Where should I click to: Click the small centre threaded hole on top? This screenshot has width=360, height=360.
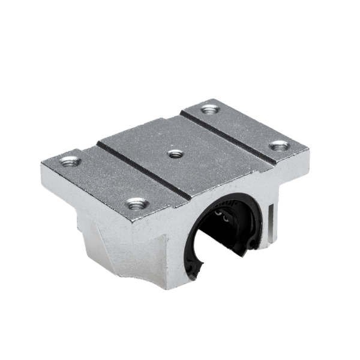[x=175, y=154]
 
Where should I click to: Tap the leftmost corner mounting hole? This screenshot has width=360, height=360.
[x=70, y=161]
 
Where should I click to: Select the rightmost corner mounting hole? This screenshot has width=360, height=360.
[x=279, y=145]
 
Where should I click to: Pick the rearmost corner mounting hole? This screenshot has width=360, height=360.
[x=209, y=110]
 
